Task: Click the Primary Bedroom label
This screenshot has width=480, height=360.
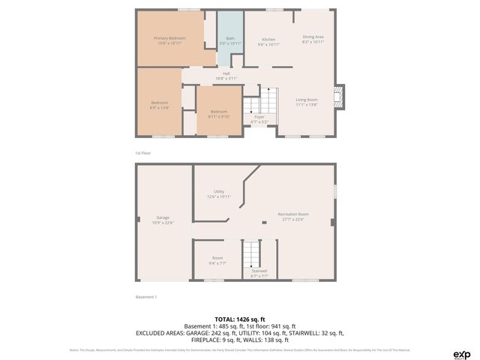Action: [x=169, y=40]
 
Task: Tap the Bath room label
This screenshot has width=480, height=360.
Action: [x=229, y=41]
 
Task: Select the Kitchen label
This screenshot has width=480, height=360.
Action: [x=268, y=41]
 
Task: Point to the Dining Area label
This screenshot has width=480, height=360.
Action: [x=313, y=39]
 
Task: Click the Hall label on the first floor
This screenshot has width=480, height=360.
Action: [x=226, y=75]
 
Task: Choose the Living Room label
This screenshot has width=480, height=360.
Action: [x=306, y=102]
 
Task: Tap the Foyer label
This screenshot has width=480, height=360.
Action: [x=259, y=118]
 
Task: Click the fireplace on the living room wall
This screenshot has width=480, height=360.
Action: [x=340, y=97]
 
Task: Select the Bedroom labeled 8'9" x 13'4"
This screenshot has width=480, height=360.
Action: [x=159, y=105]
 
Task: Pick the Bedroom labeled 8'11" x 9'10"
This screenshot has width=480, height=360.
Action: [x=219, y=114]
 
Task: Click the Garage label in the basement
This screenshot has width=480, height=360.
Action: [x=163, y=220]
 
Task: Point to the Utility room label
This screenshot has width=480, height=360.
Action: [x=219, y=193]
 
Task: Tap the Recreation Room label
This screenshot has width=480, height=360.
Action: [x=293, y=216]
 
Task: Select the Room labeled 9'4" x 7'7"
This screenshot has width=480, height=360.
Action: [x=217, y=260]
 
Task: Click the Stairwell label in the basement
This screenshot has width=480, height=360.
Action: [x=259, y=273]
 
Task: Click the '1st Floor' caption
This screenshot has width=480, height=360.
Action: [x=143, y=153]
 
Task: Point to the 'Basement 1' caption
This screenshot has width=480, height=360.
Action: [x=146, y=297]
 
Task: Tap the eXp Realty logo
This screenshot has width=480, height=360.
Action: [x=461, y=354]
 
